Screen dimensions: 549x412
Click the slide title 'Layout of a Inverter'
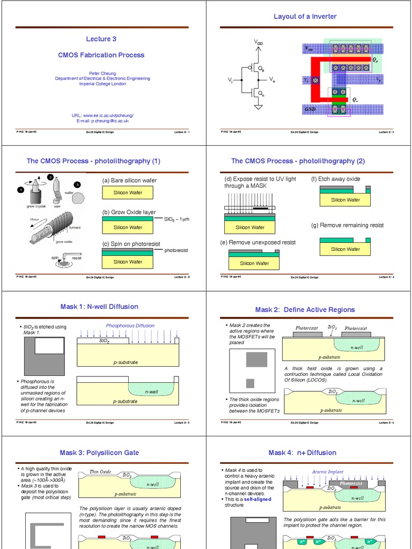point(305,17)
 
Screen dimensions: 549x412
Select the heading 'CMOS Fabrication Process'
point(101,55)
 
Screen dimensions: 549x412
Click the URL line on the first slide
point(102,115)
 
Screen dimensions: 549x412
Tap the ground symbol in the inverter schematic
point(258,107)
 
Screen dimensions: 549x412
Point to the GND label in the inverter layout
point(310,109)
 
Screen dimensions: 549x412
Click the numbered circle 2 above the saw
point(50,177)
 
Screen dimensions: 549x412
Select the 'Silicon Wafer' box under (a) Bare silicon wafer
point(128,192)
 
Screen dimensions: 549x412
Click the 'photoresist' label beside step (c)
point(176,250)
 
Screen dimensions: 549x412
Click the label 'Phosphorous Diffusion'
point(130,325)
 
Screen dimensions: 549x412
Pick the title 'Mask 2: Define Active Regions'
point(305,309)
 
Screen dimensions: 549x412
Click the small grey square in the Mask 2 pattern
point(250,383)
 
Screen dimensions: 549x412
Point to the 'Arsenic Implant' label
point(327,472)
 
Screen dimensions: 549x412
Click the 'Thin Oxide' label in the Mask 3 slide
point(100,472)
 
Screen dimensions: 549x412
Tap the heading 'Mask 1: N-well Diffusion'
point(99,307)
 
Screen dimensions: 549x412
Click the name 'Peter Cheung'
point(102,73)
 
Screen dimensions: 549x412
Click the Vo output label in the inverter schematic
point(272,80)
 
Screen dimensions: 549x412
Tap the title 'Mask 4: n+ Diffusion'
point(303,452)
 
